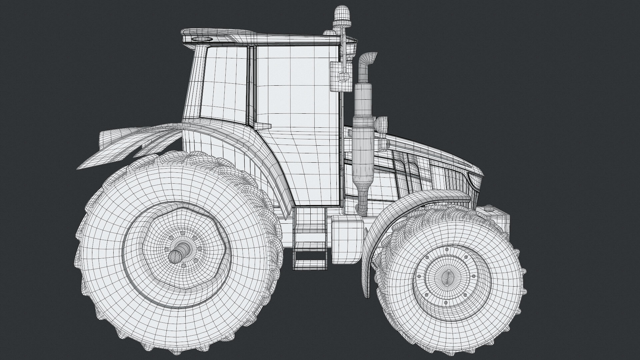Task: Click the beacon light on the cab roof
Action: point(341,15)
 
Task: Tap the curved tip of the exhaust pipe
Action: point(370,57)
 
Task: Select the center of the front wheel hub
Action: point(449,276)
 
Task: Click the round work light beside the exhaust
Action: point(382,124)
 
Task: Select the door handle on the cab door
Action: point(263,126)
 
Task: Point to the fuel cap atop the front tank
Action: point(489,208)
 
